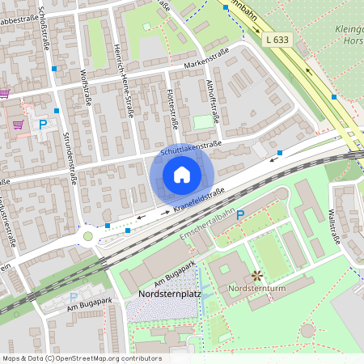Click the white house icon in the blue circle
click(182, 175)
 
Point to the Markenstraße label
click(206, 59)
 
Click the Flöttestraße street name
click(171, 109)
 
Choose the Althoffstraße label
click(214, 95)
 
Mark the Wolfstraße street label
click(85, 86)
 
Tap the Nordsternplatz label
click(168, 294)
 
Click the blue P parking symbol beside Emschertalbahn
click(240, 215)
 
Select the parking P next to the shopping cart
click(43, 125)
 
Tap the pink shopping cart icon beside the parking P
click(18, 125)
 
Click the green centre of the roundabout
click(87, 236)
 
